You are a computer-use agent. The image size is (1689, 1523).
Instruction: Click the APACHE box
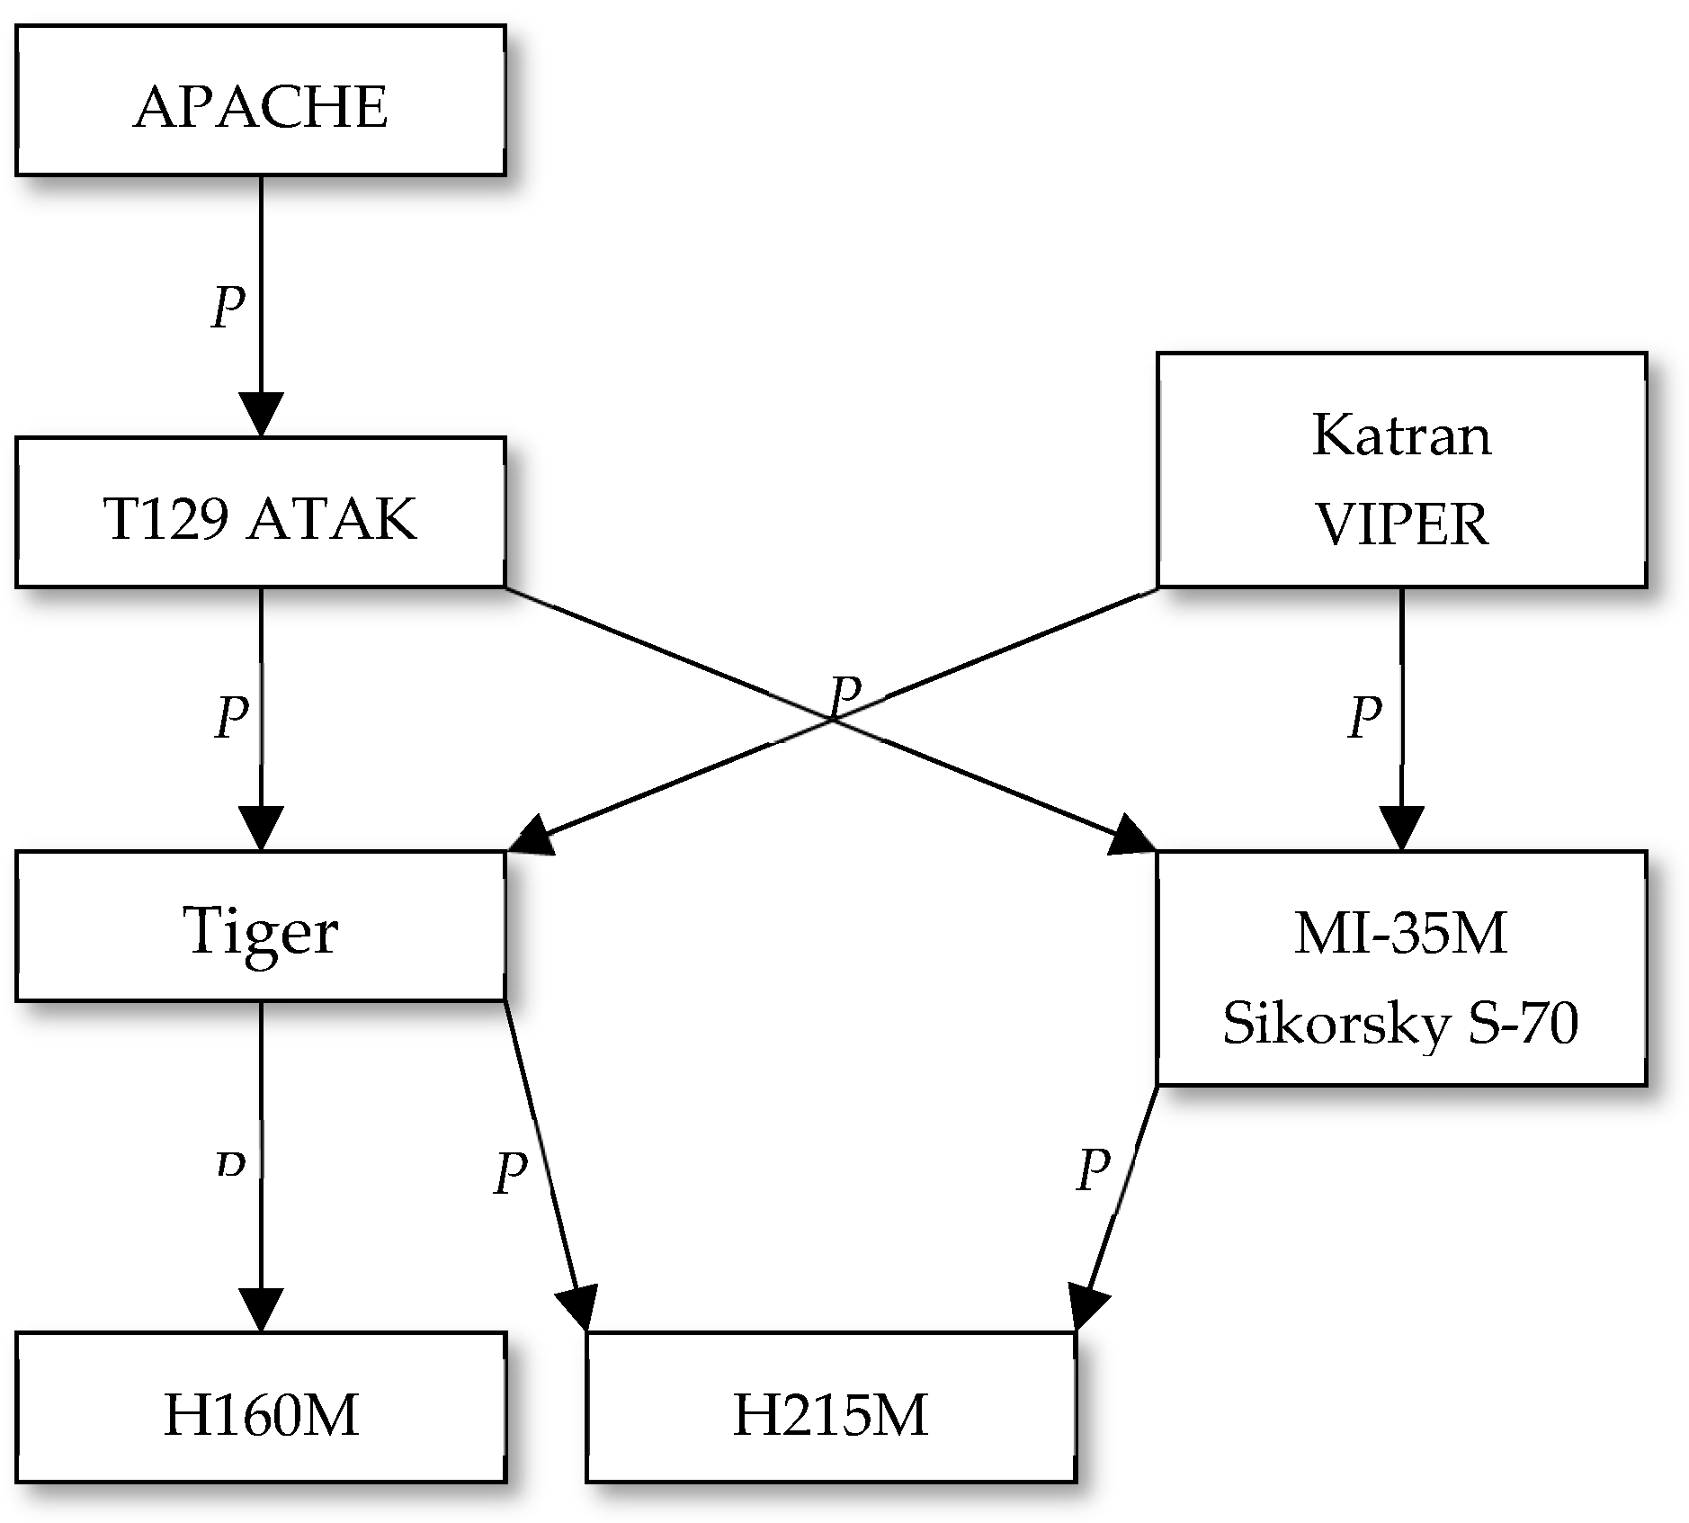coord(261,100)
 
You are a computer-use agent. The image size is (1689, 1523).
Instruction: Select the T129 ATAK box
coord(261,513)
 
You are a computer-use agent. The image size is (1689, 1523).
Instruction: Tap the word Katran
coord(1401,435)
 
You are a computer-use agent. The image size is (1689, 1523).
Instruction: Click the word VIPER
coord(1401,524)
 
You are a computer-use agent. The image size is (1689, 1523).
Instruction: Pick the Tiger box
coord(261,926)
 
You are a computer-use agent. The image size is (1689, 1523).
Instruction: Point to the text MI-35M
coord(1401,933)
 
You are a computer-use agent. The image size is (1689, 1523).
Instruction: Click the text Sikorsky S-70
coord(1401,1023)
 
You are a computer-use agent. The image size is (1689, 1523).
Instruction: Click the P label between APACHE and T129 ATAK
coord(228,308)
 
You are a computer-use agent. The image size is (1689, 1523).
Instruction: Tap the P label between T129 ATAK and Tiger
coord(232,717)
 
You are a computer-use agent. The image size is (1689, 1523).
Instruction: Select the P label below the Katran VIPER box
coord(1365,717)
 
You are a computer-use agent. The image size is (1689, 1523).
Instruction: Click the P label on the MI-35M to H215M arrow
coord(1094,1169)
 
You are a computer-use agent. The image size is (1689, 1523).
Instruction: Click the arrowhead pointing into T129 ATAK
coord(261,414)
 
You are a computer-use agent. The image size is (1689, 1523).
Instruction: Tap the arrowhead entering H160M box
coord(261,1309)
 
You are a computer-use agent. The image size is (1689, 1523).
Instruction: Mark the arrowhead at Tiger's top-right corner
coord(529,833)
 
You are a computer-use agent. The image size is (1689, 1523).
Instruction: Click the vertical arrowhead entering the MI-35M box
coord(1401,828)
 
